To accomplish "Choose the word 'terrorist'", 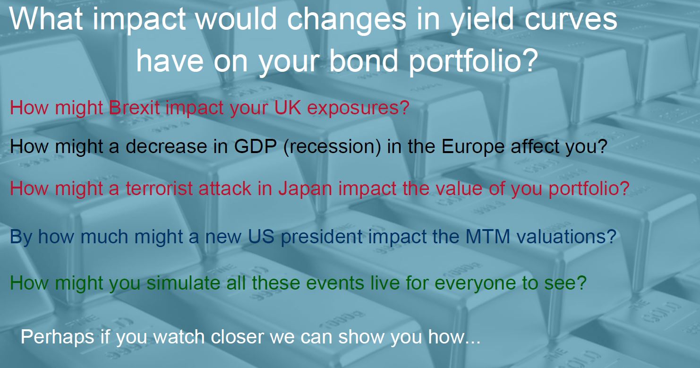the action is click(x=159, y=189).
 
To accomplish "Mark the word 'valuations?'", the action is click(x=566, y=236).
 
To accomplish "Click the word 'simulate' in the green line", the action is click(x=183, y=283).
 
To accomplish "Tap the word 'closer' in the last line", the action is click(x=237, y=337).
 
